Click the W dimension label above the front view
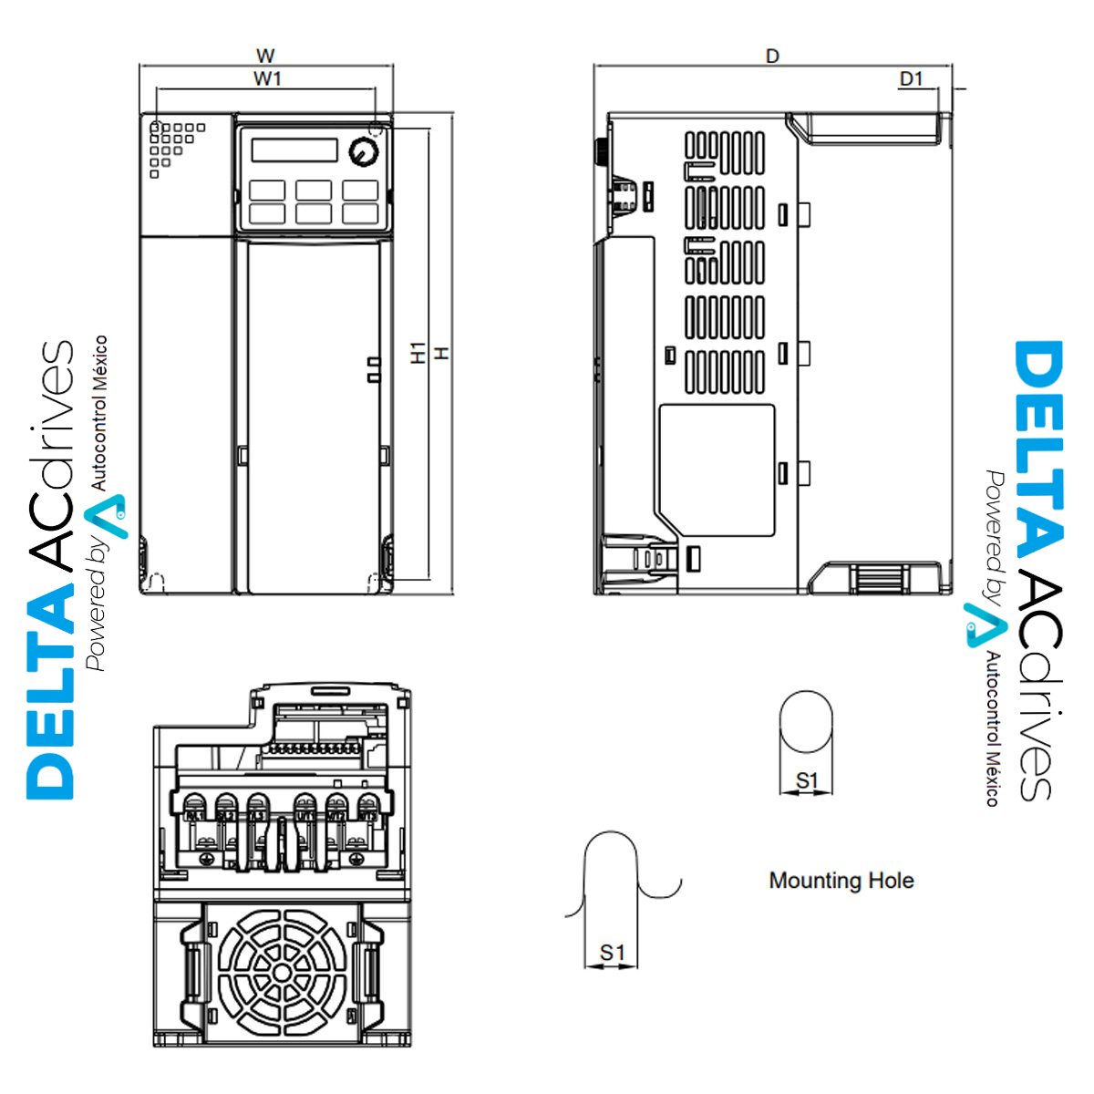pyautogui.click(x=265, y=57)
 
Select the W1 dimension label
pyautogui.click(x=267, y=79)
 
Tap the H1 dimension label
pyautogui.click(x=418, y=353)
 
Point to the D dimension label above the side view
pyautogui.click(x=772, y=57)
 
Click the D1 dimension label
pyautogui.click(x=911, y=79)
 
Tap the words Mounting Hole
pyautogui.click(x=841, y=881)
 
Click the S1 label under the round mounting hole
pyautogui.click(x=807, y=781)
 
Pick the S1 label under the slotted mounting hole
pyautogui.click(x=613, y=954)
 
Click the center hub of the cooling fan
pyautogui.click(x=283, y=973)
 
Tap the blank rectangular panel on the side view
pyautogui.click(x=717, y=470)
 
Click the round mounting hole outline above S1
pyautogui.click(x=807, y=721)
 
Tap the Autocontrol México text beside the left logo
pyautogui.click(x=98, y=412)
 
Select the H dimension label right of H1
pyautogui.click(x=442, y=353)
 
